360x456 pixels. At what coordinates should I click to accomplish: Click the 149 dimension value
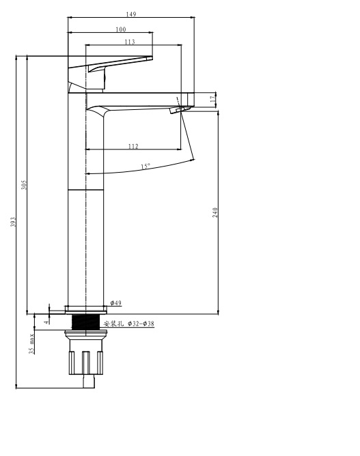131,14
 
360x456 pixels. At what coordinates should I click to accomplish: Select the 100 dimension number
121,29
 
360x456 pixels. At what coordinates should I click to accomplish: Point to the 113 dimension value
130,42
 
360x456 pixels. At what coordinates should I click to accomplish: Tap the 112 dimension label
133,146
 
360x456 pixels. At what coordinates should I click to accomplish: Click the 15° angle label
146,167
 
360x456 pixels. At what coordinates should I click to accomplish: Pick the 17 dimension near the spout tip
214,98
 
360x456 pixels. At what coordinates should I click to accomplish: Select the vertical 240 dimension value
215,212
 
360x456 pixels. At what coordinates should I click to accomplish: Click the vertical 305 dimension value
24,185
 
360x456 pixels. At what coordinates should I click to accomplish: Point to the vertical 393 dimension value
13,222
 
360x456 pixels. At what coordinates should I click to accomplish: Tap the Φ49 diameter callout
116,303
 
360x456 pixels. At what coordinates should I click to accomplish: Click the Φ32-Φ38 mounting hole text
141,324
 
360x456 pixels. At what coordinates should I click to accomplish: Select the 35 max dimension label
31,343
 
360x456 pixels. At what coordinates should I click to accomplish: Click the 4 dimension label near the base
46,322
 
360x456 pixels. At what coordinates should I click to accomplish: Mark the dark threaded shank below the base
86,322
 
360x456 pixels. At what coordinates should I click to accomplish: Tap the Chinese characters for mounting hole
114,324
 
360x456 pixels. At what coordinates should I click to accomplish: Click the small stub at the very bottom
89,382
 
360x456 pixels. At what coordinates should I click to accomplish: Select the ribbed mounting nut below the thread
86,362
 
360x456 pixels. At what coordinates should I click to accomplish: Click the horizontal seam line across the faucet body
86,190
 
